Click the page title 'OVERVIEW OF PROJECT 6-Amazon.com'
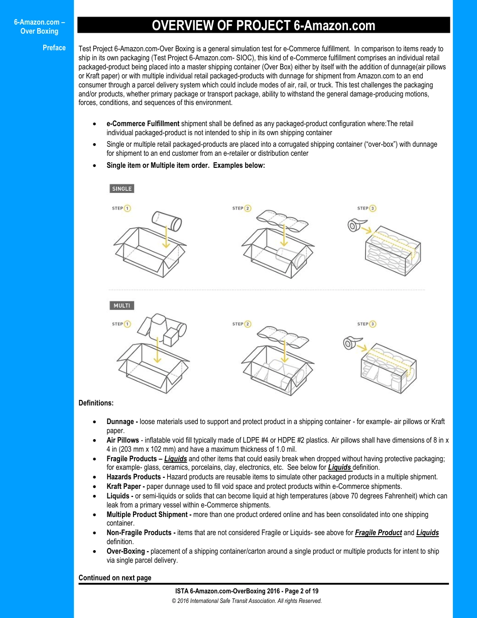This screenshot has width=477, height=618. (x=263, y=26)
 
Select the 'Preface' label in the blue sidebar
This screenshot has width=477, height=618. (x=54, y=48)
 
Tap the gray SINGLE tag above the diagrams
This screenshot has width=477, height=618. (x=122, y=189)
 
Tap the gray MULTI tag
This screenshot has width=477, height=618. (x=122, y=305)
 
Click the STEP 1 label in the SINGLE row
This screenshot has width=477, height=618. (x=121, y=208)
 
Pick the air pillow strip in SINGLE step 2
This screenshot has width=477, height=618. (x=283, y=219)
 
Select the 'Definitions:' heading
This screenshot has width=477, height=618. (x=96, y=402)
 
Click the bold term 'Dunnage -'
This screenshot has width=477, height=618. (x=122, y=422)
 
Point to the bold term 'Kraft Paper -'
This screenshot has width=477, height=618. (x=127, y=486)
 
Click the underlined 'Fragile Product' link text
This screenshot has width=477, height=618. (x=378, y=533)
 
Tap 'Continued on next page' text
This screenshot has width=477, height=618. (x=114, y=578)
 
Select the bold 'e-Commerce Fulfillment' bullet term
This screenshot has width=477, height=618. (x=143, y=124)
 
